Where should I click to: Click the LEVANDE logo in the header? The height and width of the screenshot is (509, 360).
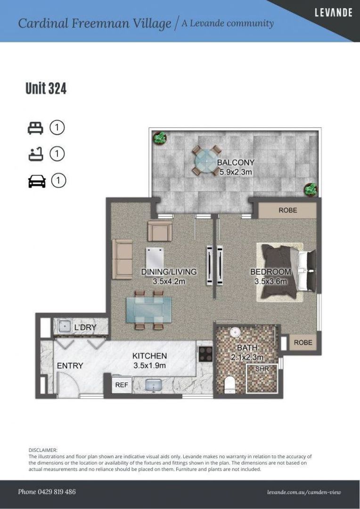tap(334, 13)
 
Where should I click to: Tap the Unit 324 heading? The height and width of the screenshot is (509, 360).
tap(46, 88)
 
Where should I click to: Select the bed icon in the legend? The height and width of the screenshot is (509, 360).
tap(35, 128)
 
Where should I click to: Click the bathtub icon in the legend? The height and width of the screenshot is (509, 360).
tap(35, 154)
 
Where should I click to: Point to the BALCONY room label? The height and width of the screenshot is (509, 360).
tap(236, 162)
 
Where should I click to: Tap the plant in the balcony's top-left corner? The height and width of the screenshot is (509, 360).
tap(160, 138)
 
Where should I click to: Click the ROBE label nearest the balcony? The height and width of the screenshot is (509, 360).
tap(287, 210)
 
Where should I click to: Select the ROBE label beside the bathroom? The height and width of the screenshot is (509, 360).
tap(303, 343)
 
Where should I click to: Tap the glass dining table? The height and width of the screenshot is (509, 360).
tap(149, 310)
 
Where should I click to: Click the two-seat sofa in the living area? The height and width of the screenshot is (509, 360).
tap(123, 259)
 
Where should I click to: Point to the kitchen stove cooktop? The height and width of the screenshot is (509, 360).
tap(205, 354)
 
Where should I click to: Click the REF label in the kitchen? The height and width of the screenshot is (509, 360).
tap(122, 385)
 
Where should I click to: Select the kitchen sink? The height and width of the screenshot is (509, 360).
tap(154, 386)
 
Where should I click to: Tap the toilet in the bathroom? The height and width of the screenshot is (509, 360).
tap(230, 384)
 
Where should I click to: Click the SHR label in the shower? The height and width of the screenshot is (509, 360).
tap(262, 369)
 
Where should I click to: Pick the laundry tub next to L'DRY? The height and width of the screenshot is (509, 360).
tap(64, 327)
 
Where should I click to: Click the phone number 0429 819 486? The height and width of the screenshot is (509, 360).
tap(55, 492)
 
